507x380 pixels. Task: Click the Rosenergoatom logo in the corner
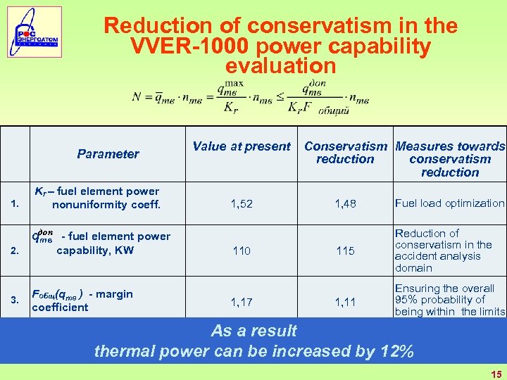35,32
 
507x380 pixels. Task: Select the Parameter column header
108,153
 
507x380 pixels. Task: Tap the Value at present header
242,146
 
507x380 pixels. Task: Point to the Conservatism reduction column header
345,153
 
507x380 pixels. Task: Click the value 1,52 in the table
242,203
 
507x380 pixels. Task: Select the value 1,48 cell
345,203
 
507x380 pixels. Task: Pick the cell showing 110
242,251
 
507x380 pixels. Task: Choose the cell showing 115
345,251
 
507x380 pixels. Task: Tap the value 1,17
242,300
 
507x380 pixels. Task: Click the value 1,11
345,300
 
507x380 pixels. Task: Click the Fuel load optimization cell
449,203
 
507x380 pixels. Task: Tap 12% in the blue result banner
395,351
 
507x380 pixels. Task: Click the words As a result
254,331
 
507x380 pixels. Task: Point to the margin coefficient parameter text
82,300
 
